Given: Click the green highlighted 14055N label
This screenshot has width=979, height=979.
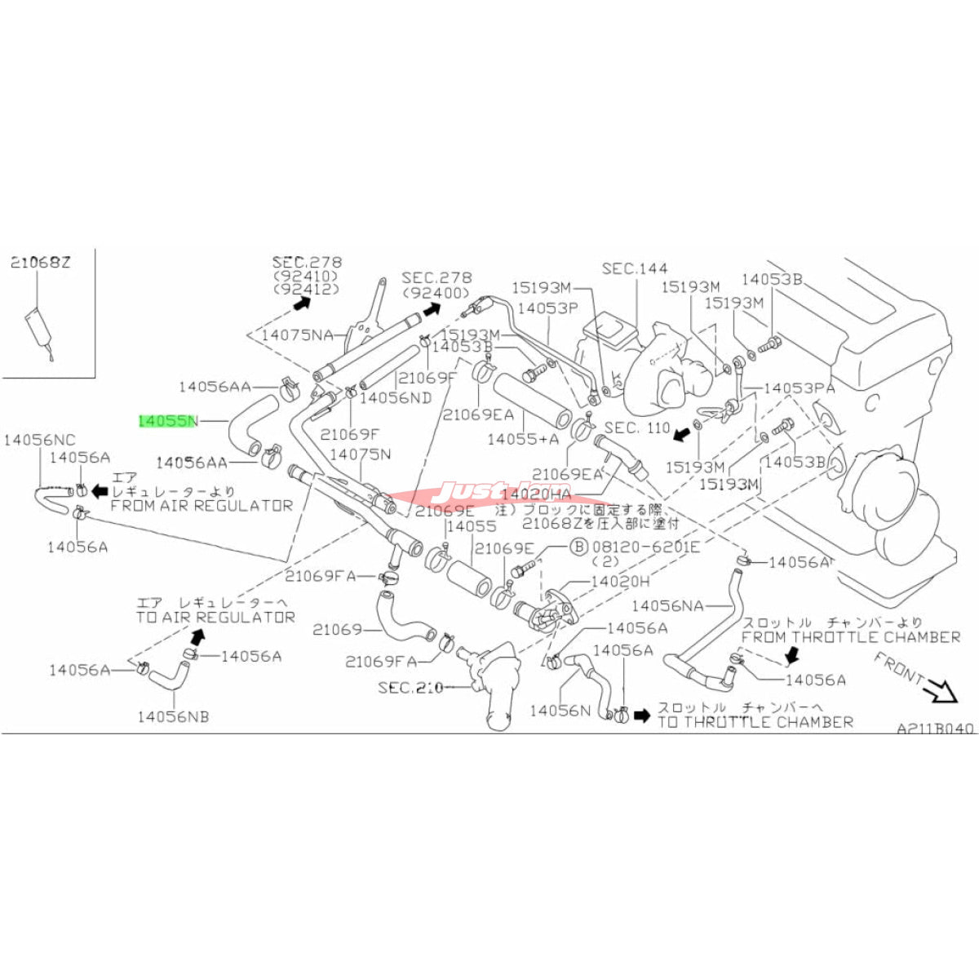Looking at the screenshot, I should pos(168,421).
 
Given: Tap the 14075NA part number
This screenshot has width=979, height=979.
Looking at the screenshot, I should pos(297,334).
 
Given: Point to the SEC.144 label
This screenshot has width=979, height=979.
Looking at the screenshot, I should pos(635,268).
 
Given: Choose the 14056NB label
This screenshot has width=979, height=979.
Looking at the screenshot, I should pos(173,716).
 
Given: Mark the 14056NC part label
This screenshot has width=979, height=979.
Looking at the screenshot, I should pos(40,440).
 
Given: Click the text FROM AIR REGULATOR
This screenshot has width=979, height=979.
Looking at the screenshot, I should pos(201,506).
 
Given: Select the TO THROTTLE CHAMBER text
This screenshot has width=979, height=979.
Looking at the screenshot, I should pos(755,722).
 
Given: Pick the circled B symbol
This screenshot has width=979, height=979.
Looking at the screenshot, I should pos(578,547).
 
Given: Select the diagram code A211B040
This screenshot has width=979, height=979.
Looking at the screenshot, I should pos(935,729).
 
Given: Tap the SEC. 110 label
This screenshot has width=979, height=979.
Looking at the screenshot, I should pos(637,427).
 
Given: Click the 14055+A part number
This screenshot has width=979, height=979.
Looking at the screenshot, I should pos(524,439).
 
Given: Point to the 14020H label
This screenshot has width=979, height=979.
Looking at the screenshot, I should pos(620,582).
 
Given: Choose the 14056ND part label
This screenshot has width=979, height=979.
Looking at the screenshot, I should pos(396,397).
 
